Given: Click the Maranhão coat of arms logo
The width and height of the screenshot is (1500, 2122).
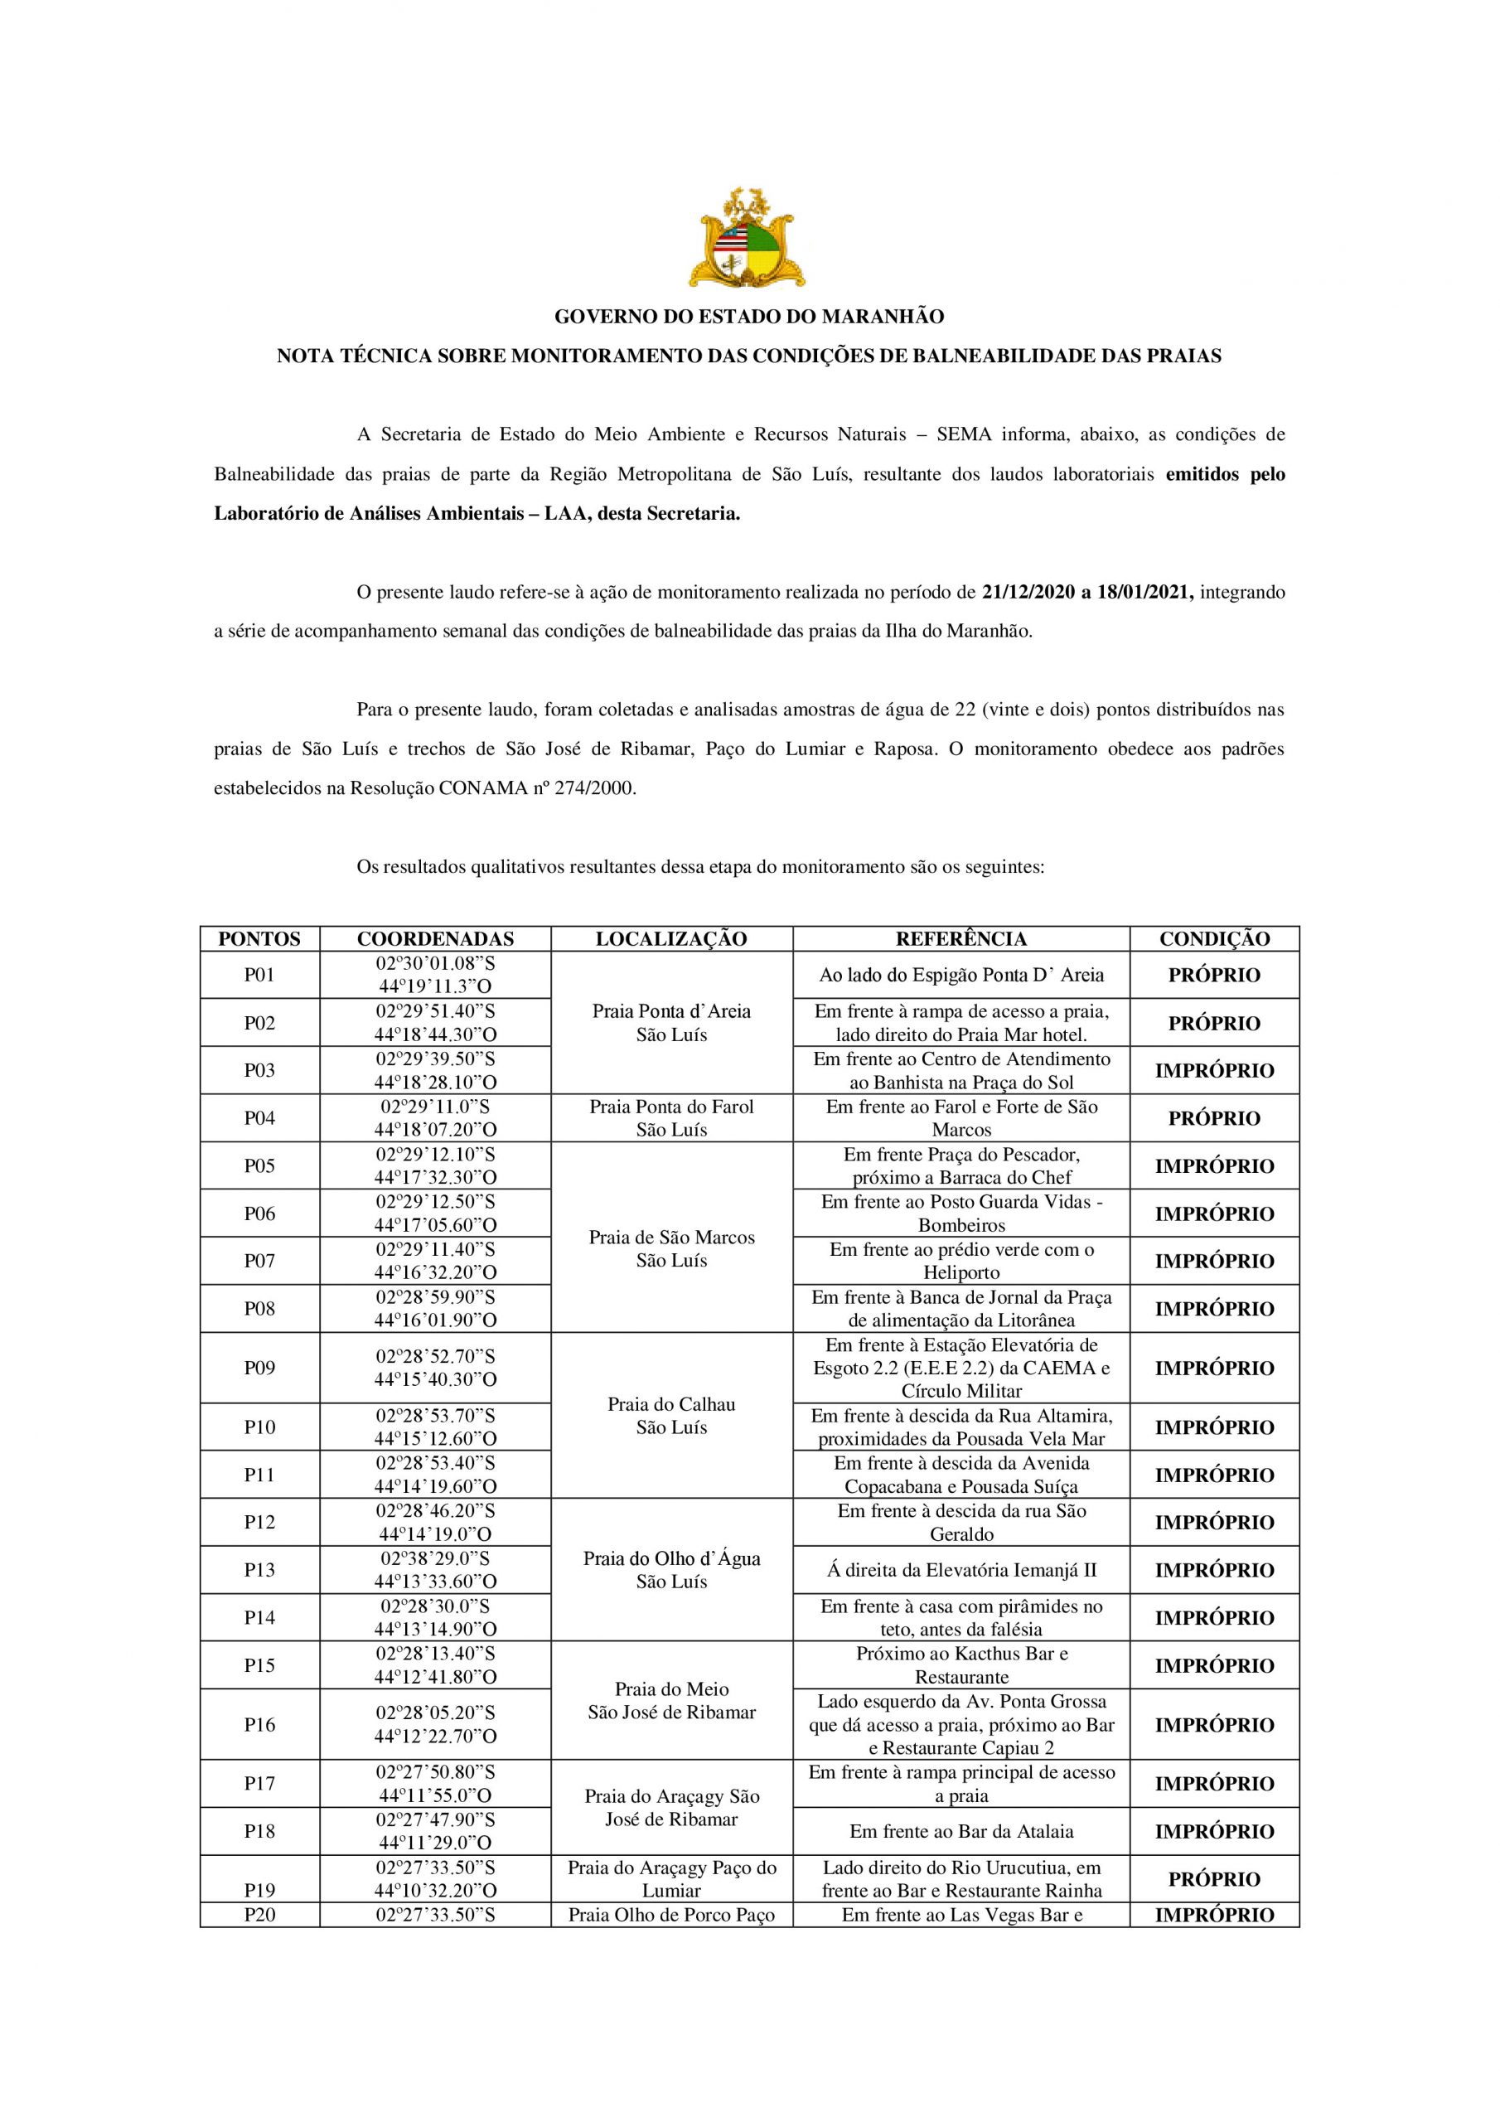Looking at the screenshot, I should (x=748, y=238).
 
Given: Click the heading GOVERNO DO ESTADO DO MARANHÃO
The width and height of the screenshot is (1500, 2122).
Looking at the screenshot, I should (x=748, y=317).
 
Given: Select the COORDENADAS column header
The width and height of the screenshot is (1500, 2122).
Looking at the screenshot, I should (x=435, y=938).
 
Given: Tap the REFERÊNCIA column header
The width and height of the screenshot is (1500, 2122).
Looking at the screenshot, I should (x=960, y=938).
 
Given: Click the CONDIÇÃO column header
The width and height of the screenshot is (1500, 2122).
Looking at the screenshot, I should (x=1214, y=938).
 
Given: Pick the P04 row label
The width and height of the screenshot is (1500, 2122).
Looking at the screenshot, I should (x=259, y=1118).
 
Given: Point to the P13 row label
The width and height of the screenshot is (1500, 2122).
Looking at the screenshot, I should (x=259, y=1570).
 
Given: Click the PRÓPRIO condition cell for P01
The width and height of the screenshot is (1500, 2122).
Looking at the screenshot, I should (x=1214, y=975).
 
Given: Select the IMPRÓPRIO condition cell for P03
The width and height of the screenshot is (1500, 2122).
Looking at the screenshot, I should (x=1214, y=1070).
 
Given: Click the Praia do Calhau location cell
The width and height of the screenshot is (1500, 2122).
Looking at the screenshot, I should (x=671, y=1416).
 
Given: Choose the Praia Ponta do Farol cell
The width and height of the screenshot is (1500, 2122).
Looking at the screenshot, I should (x=671, y=1118).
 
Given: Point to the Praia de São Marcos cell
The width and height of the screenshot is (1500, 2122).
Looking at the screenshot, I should (x=671, y=1248).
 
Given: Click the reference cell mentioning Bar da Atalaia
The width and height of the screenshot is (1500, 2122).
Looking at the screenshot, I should (x=961, y=1831).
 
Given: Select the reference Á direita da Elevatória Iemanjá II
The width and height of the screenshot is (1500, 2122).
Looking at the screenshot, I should (x=961, y=1570).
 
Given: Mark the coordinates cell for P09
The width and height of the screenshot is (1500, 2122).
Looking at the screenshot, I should (x=435, y=1368).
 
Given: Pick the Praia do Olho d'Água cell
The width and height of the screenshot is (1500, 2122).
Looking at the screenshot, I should (x=671, y=1570).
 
